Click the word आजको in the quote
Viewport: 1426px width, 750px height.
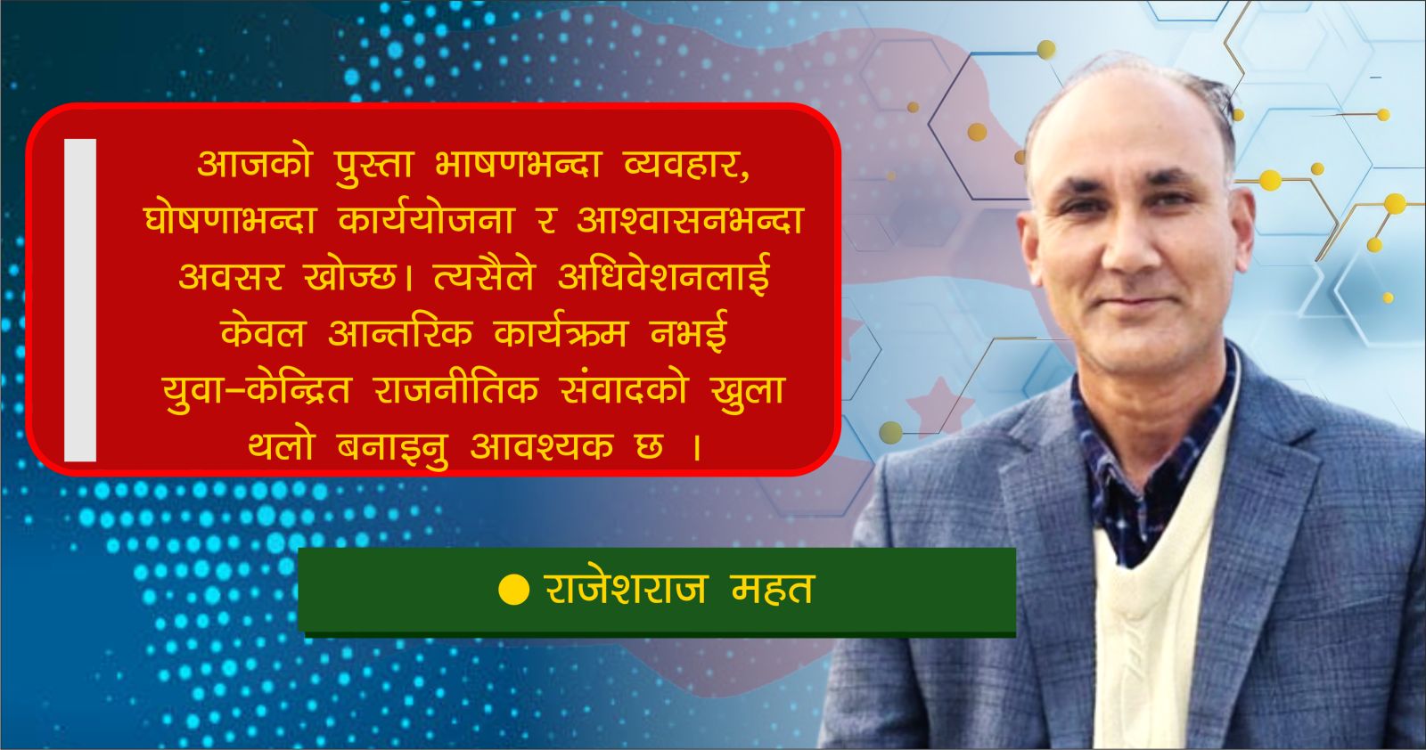tap(254, 164)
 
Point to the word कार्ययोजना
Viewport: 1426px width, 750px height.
tap(426, 219)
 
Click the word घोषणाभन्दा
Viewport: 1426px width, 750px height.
tap(231, 219)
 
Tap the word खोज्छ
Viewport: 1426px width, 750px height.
tap(351, 277)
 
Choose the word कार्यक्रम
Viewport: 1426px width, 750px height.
tap(561, 332)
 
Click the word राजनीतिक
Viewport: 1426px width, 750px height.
tap(456, 388)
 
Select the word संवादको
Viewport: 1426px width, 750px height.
tap(624, 388)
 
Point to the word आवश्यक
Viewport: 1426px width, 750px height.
tap(542, 445)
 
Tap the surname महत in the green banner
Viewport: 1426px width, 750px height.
tap(773, 589)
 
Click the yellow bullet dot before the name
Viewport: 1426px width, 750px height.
tap(513, 589)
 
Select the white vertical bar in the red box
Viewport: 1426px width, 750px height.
tap(80, 299)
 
